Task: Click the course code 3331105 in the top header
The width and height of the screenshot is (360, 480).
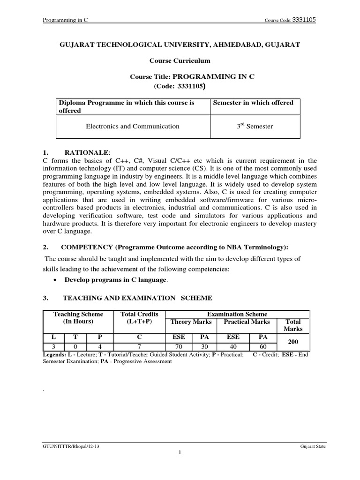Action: [x=304, y=20]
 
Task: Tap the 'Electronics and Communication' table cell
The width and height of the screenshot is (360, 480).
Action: [x=132, y=126]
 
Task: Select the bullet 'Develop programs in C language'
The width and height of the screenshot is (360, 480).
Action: [x=116, y=280]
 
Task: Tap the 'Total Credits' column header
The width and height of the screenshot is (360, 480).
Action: [x=139, y=314]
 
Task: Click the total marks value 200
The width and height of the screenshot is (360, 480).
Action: [x=293, y=342]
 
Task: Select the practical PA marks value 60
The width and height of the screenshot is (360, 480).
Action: [x=261, y=347]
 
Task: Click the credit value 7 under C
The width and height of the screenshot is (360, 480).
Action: [x=139, y=347]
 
